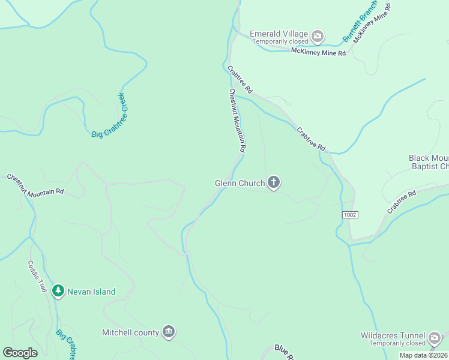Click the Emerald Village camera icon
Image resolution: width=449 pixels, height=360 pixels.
tap(318, 37)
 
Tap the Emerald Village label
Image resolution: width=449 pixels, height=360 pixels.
tap(279, 34)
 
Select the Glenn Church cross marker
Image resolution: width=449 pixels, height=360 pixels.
tap(274, 182)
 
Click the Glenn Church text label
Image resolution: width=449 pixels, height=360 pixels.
tap(240, 183)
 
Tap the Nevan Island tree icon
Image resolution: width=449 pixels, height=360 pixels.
tap(58, 292)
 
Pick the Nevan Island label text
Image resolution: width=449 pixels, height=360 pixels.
tap(91, 292)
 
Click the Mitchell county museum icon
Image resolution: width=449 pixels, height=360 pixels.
tap(169, 332)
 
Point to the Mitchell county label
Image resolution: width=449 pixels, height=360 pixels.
tap(130, 332)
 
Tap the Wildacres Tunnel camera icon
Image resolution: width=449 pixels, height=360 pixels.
tap(435, 338)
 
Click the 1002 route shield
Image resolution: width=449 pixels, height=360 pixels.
tap(351, 215)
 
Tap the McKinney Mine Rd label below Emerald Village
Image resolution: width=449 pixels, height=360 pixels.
tap(318, 53)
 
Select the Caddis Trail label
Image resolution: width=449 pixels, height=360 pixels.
tap(37, 275)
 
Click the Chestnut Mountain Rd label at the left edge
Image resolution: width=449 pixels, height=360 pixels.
tap(35, 185)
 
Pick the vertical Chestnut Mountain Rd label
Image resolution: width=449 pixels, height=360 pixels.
tap(237, 120)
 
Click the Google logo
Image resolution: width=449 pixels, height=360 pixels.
tap(20, 353)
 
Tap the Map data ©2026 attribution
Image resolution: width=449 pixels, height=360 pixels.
tap(423, 355)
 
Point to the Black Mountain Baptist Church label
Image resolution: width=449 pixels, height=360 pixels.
tap(429, 162)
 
